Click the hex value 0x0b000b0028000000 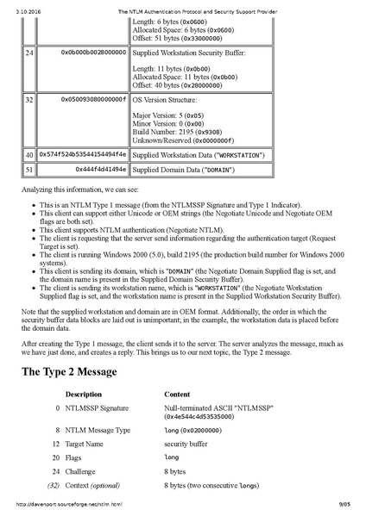pos(92,53)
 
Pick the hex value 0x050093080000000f pos(92,99)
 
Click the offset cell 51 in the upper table pos(28,170)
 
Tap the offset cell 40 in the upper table pos(28,154)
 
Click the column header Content pos(177,394)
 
